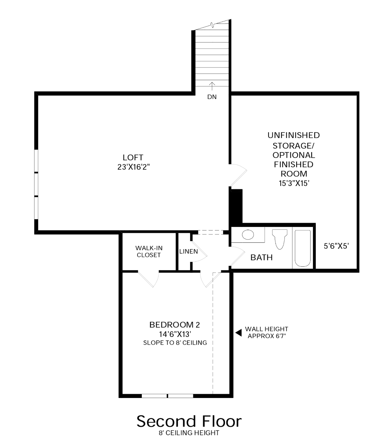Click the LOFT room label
pyautogui.click(x=133, y=157)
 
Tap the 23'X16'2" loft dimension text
pyautogui.click(x=133, y=167)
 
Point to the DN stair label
pyautogui.click(x=212, y=97)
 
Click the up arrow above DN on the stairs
pyautogui.click(x=212, y=86)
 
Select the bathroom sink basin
pyautogui.click(x=248, y=234)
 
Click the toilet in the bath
pyautogui.click(x=280, y=239)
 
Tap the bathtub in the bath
pyautogui.click(x=302, y=248)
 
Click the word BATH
pyautogui.click(x=261, y=257)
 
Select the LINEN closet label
pyautogui.click(x=188, y=251)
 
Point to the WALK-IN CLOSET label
pyautogui.click(x=149, y=251)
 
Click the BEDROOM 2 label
pyautogui.click(x=174, y=325)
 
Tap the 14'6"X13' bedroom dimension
pyautogui.click(x=175, y=334)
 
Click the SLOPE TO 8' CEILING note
pyautogui.click(x=175, y=342)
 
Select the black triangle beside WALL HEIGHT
pyautogui.click(x=239, y=333)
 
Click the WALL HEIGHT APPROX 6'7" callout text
pyautogui.click(x=267, y=332)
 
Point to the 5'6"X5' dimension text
pyautogui.click(x=336, y=246)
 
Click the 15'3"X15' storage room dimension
pyautogui.click(x=294, y=183)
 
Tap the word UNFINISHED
pyautogui.click(x=294, y=135)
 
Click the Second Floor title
pyautogui.click(x=189, y=422)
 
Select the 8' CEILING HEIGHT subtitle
pyautogui.click(x=189, y=433)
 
